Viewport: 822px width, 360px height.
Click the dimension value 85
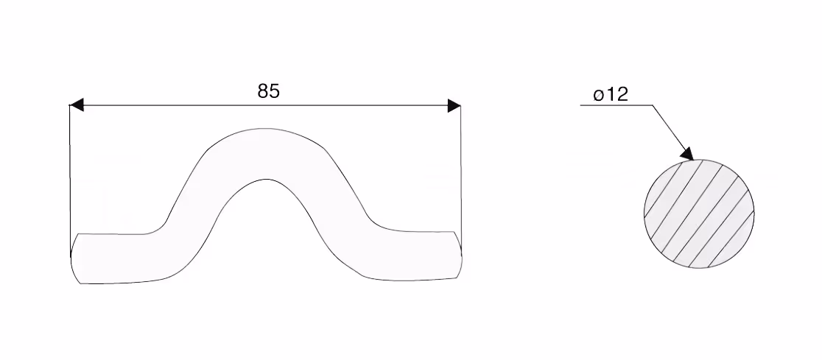click(268, 91)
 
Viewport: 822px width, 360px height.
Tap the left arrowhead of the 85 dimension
click(77, 105)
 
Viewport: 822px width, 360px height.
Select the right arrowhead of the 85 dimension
click(454, 105)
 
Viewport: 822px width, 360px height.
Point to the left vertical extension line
click(70, 181)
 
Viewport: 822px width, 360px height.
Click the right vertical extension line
click(461, 181)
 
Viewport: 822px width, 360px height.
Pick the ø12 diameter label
click(611, 95)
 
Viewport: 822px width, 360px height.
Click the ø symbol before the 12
click(599, 96)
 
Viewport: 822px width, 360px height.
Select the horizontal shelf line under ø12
click(616, 105)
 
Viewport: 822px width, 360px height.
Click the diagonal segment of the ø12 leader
click(672, 132)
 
